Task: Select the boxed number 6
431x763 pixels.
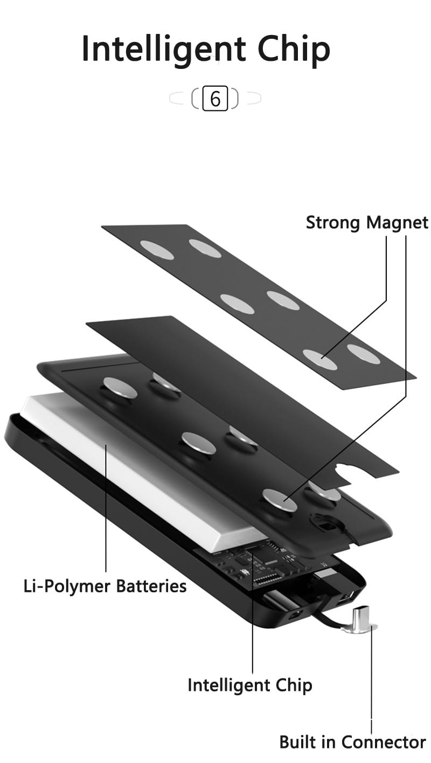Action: (215, 99)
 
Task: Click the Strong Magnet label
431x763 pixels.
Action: (367, 222)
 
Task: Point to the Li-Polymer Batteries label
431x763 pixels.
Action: (105, 585)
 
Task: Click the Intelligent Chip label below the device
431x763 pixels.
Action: (250, 685)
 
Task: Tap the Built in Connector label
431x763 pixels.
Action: (352, 742)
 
